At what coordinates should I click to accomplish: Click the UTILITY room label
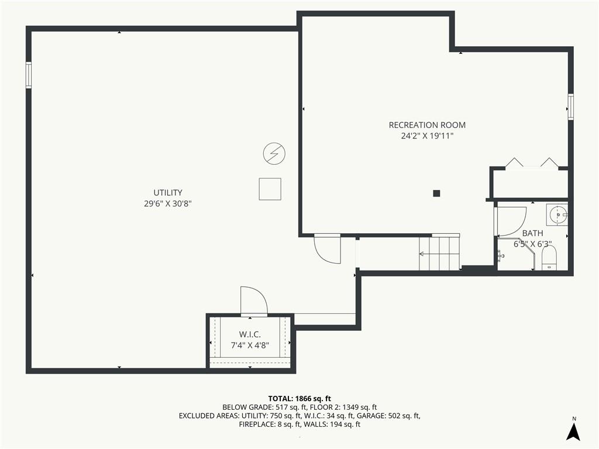click(x=168, y=192)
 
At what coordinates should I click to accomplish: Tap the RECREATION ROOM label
click(x=427, y=125)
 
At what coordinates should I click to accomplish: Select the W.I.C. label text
click(x=250, y=334)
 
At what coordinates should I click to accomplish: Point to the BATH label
click(x=532, y=233)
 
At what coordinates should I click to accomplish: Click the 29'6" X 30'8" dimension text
click(x=168, y=203)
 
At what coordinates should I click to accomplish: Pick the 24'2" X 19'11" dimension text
click(x=427, y=136)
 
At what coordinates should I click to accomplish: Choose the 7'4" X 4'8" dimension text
click(x=250, y=346)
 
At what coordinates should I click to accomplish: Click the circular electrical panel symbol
click(x=274, y=154)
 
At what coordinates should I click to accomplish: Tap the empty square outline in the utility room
click(x=270, y=189)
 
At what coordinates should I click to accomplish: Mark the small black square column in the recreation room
click(x=436, y=193)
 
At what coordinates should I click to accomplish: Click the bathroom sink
click(x=557, y=215)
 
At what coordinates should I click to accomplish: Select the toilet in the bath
click(x=549, y=258)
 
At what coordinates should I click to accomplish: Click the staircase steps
click(x=439, y=253)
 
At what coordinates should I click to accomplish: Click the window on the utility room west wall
click(x=29, y=75)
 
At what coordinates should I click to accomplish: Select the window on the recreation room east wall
click(x=571, y=107)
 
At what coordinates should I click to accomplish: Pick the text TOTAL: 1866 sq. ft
click(x=299, y=399)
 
